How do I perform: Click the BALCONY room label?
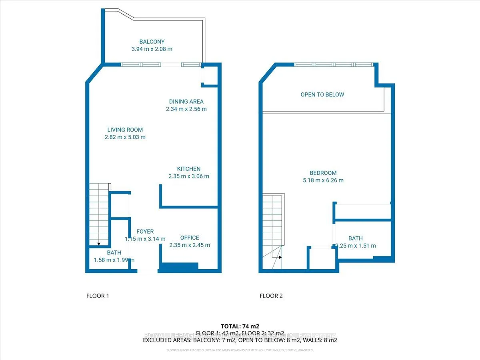tap(152, 42)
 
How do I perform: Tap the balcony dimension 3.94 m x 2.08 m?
tap(152, 49)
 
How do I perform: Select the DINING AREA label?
tap(186, 102)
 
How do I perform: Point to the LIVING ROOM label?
tap(125, 130)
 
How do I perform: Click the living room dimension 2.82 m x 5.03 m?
tap(125, 137)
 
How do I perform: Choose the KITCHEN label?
tap(188, 169)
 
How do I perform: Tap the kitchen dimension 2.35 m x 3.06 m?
tap(188, 176)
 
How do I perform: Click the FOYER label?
tap(145, 232)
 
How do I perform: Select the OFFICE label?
tap(189, 238)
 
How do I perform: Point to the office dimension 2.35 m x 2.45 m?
tap(189, 245)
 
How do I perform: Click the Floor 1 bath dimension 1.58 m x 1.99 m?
tap(114, 260)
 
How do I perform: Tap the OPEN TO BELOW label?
tap(322, 95)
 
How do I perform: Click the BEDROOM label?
tap(323, 173)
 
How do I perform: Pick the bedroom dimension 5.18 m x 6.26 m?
tap(323, 180)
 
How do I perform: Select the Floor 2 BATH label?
tap(355, 238)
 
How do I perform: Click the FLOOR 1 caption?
tap(98, 296)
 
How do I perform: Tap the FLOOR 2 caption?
tap(271, 296)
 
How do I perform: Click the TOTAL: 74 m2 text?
tap(240, 326)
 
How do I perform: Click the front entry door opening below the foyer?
tap(147, 271)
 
